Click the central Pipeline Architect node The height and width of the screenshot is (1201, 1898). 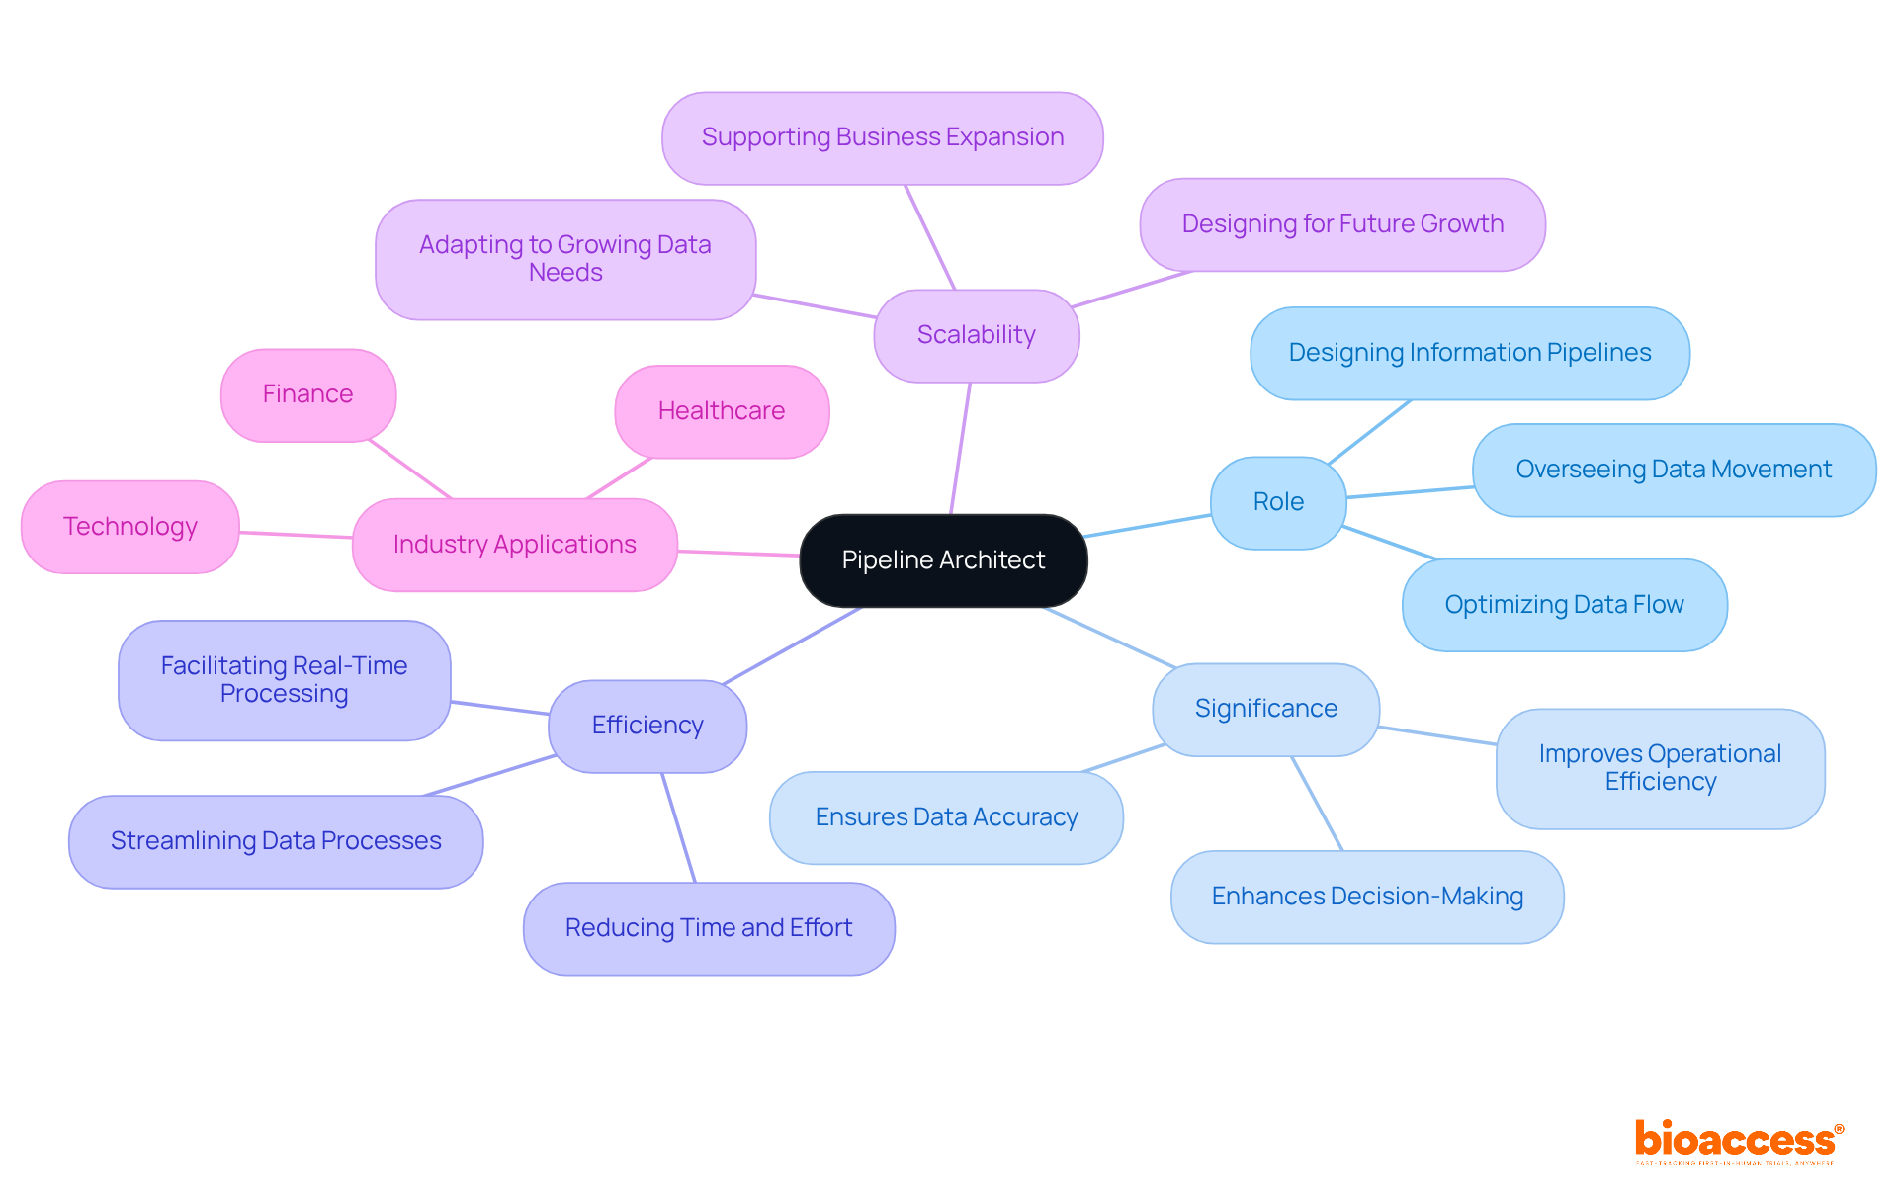[x=943, y=560]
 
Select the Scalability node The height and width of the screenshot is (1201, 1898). [x=976, y=335]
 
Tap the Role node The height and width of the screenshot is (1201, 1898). [x=1277, y=502]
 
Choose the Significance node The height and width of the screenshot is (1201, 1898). [x=1265, y=709]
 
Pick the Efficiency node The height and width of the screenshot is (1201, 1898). [x=647, y=726]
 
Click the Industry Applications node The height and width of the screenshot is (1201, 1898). [x=514, y=545]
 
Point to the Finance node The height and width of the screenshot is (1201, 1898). [x=307, y=394]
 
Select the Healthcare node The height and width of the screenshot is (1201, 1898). [x=722, y=411]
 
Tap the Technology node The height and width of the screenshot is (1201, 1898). [x=129, y=527]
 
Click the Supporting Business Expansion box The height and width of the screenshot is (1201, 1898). [x=882, y=137]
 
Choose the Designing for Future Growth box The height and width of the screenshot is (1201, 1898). [x=1341, y=224]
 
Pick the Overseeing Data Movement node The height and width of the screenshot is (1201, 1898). [x=1673, y=470]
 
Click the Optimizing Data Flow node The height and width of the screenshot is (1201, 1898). [x=1564, y=605]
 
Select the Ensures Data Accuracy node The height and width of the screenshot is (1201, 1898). [x=946, y=817]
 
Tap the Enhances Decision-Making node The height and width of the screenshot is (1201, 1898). [x=1366, y=897]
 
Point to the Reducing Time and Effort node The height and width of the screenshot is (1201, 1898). [x=709, y=928]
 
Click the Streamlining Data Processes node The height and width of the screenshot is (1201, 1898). [x=276, y=841]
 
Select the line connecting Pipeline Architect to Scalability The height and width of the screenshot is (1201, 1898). [x=960, y=448]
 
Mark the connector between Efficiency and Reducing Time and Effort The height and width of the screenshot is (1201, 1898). [x=679, y=828]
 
